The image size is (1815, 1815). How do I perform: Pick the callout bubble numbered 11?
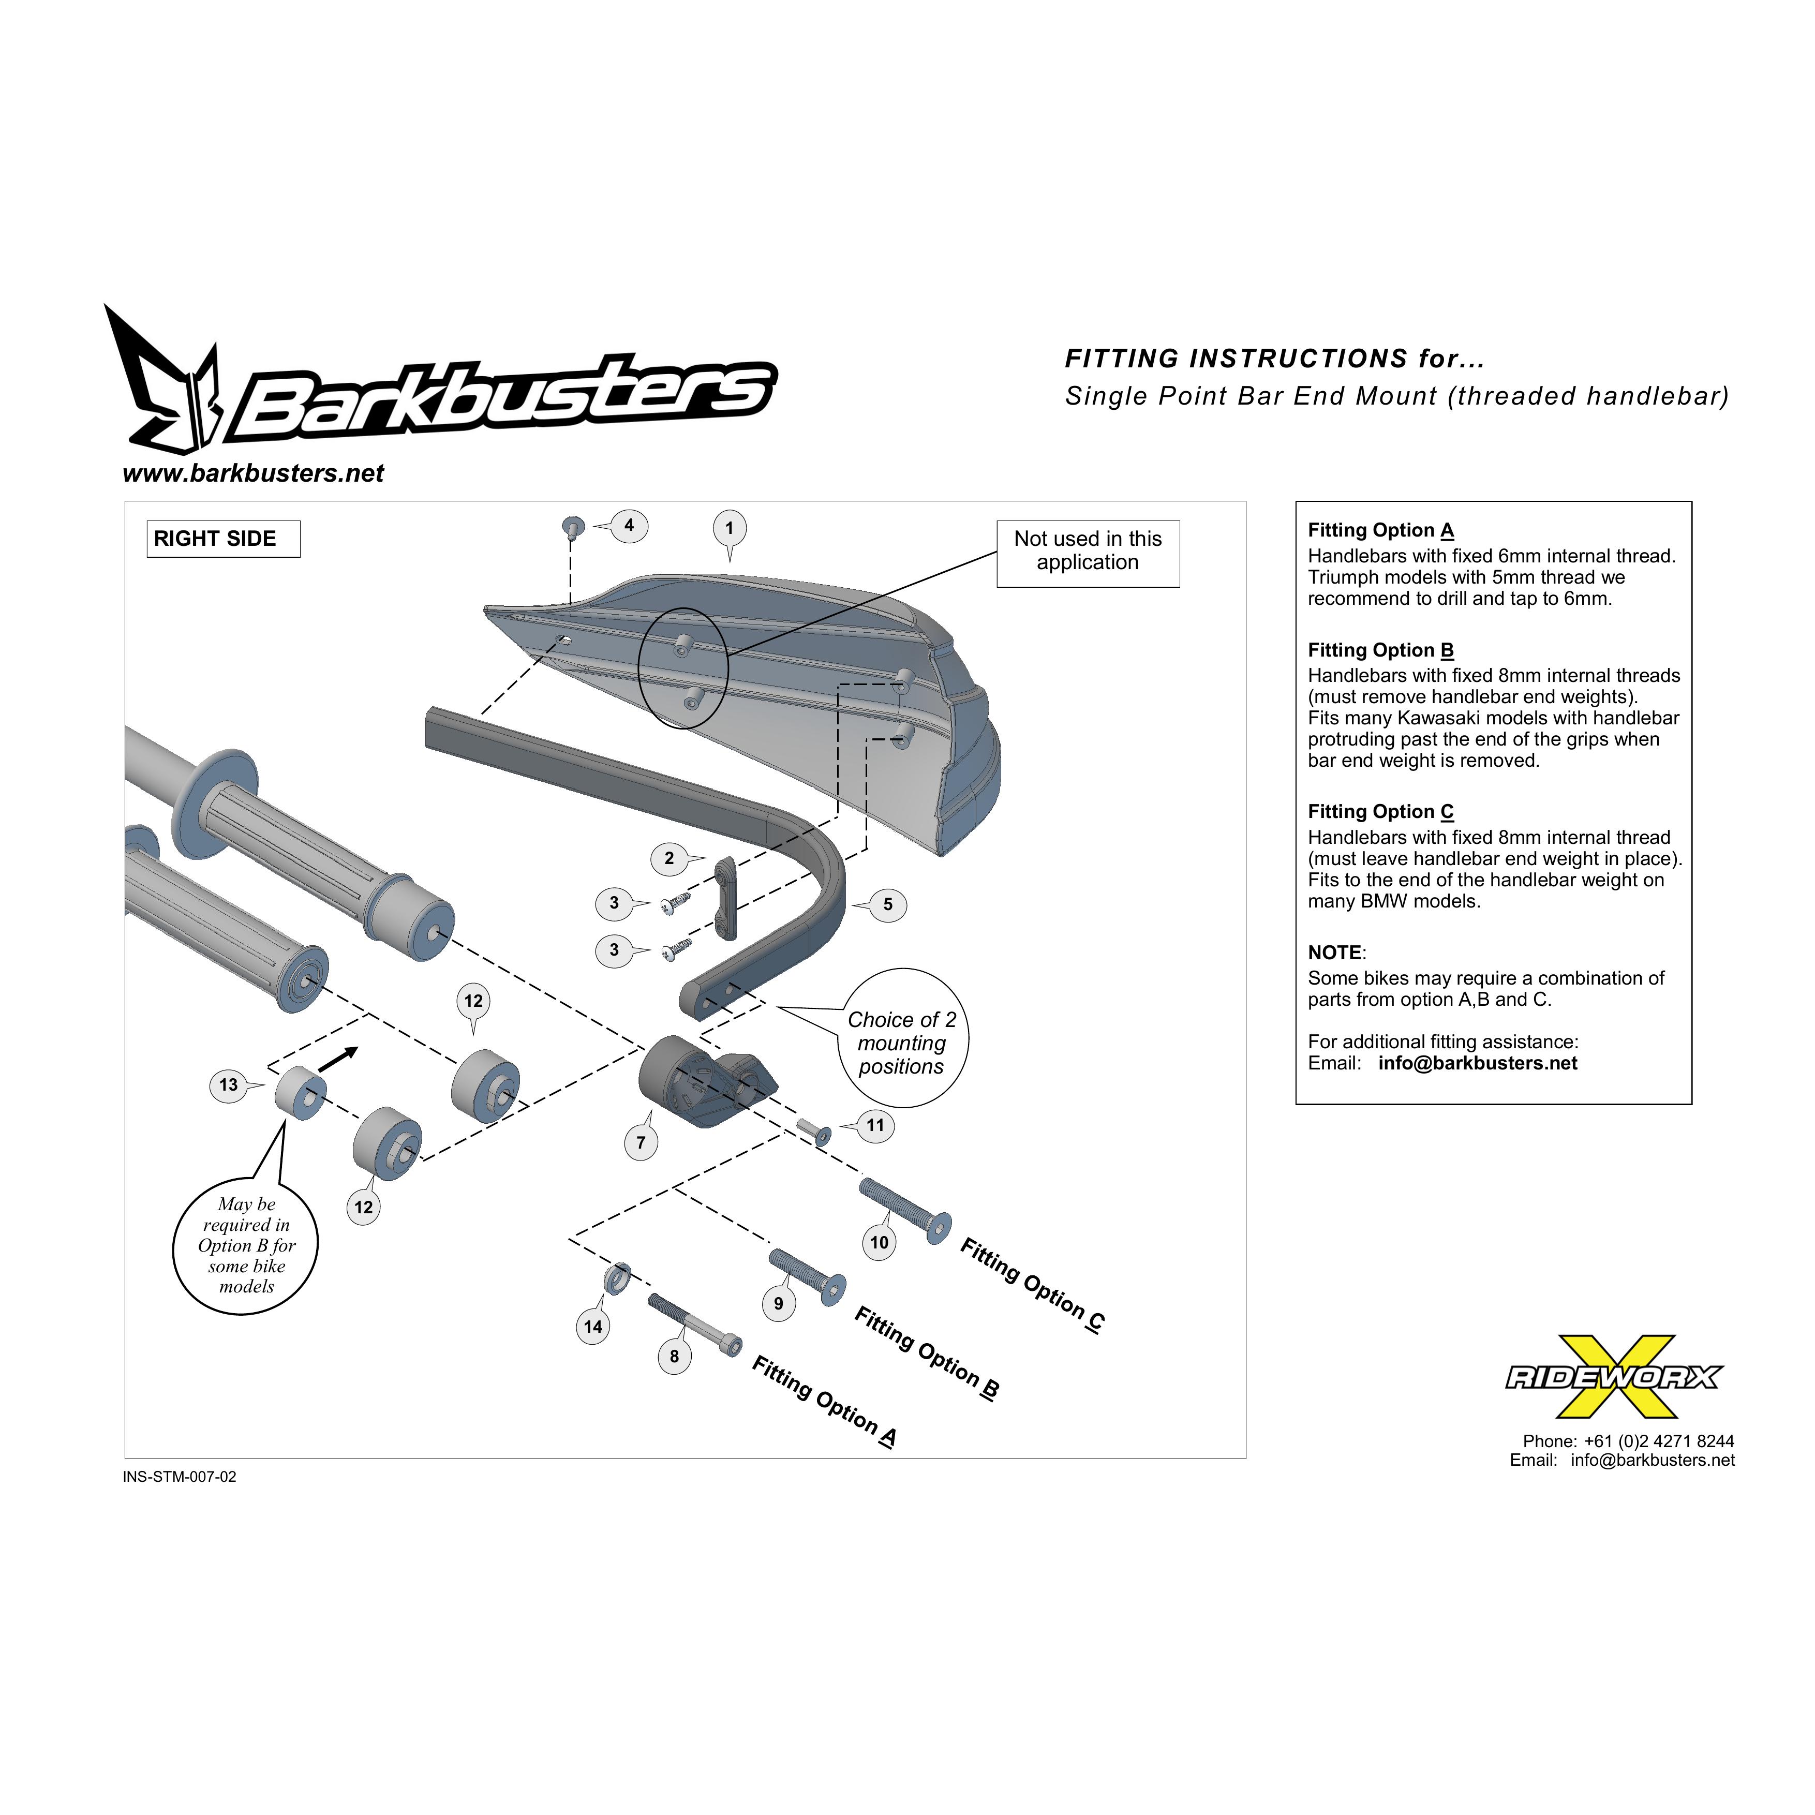[x=874, y=1125]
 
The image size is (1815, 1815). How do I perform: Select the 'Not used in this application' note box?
[x=1088, y=554]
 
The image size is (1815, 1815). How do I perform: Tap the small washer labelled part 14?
[x=616, y=1278]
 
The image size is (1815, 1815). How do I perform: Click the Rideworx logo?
[x=1614, y=1377]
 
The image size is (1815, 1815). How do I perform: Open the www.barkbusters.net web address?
[x=254, y=473]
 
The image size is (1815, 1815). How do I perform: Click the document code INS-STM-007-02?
[x=180, y=1477]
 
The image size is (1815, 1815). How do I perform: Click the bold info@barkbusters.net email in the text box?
[x=1478, y=1063]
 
